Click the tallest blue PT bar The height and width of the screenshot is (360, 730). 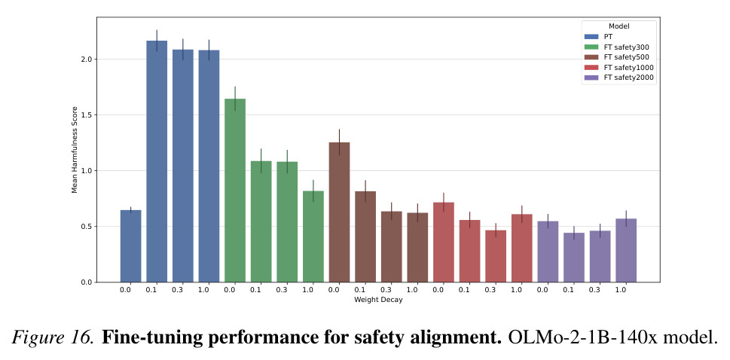[157, 161]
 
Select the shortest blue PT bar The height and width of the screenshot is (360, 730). [131, 246]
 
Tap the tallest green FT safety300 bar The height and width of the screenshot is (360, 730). [235, 191]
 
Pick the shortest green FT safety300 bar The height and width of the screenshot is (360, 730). [313, 236]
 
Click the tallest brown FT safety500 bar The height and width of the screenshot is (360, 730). [340, 212]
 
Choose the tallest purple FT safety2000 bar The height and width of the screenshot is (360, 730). [626, 251]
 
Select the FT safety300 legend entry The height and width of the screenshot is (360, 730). [617, 47]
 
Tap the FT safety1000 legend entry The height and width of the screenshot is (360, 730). [619, 68]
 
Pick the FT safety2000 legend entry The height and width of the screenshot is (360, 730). [619, 78]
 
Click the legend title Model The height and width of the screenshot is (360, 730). [619, 26]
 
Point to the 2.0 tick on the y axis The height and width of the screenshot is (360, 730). [87, 59]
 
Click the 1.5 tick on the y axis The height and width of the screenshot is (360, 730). [87, 115]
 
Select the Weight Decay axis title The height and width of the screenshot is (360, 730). [378, 300]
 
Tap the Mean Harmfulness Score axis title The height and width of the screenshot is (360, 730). [74, 150]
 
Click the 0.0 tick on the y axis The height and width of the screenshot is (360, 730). [87, 282]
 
